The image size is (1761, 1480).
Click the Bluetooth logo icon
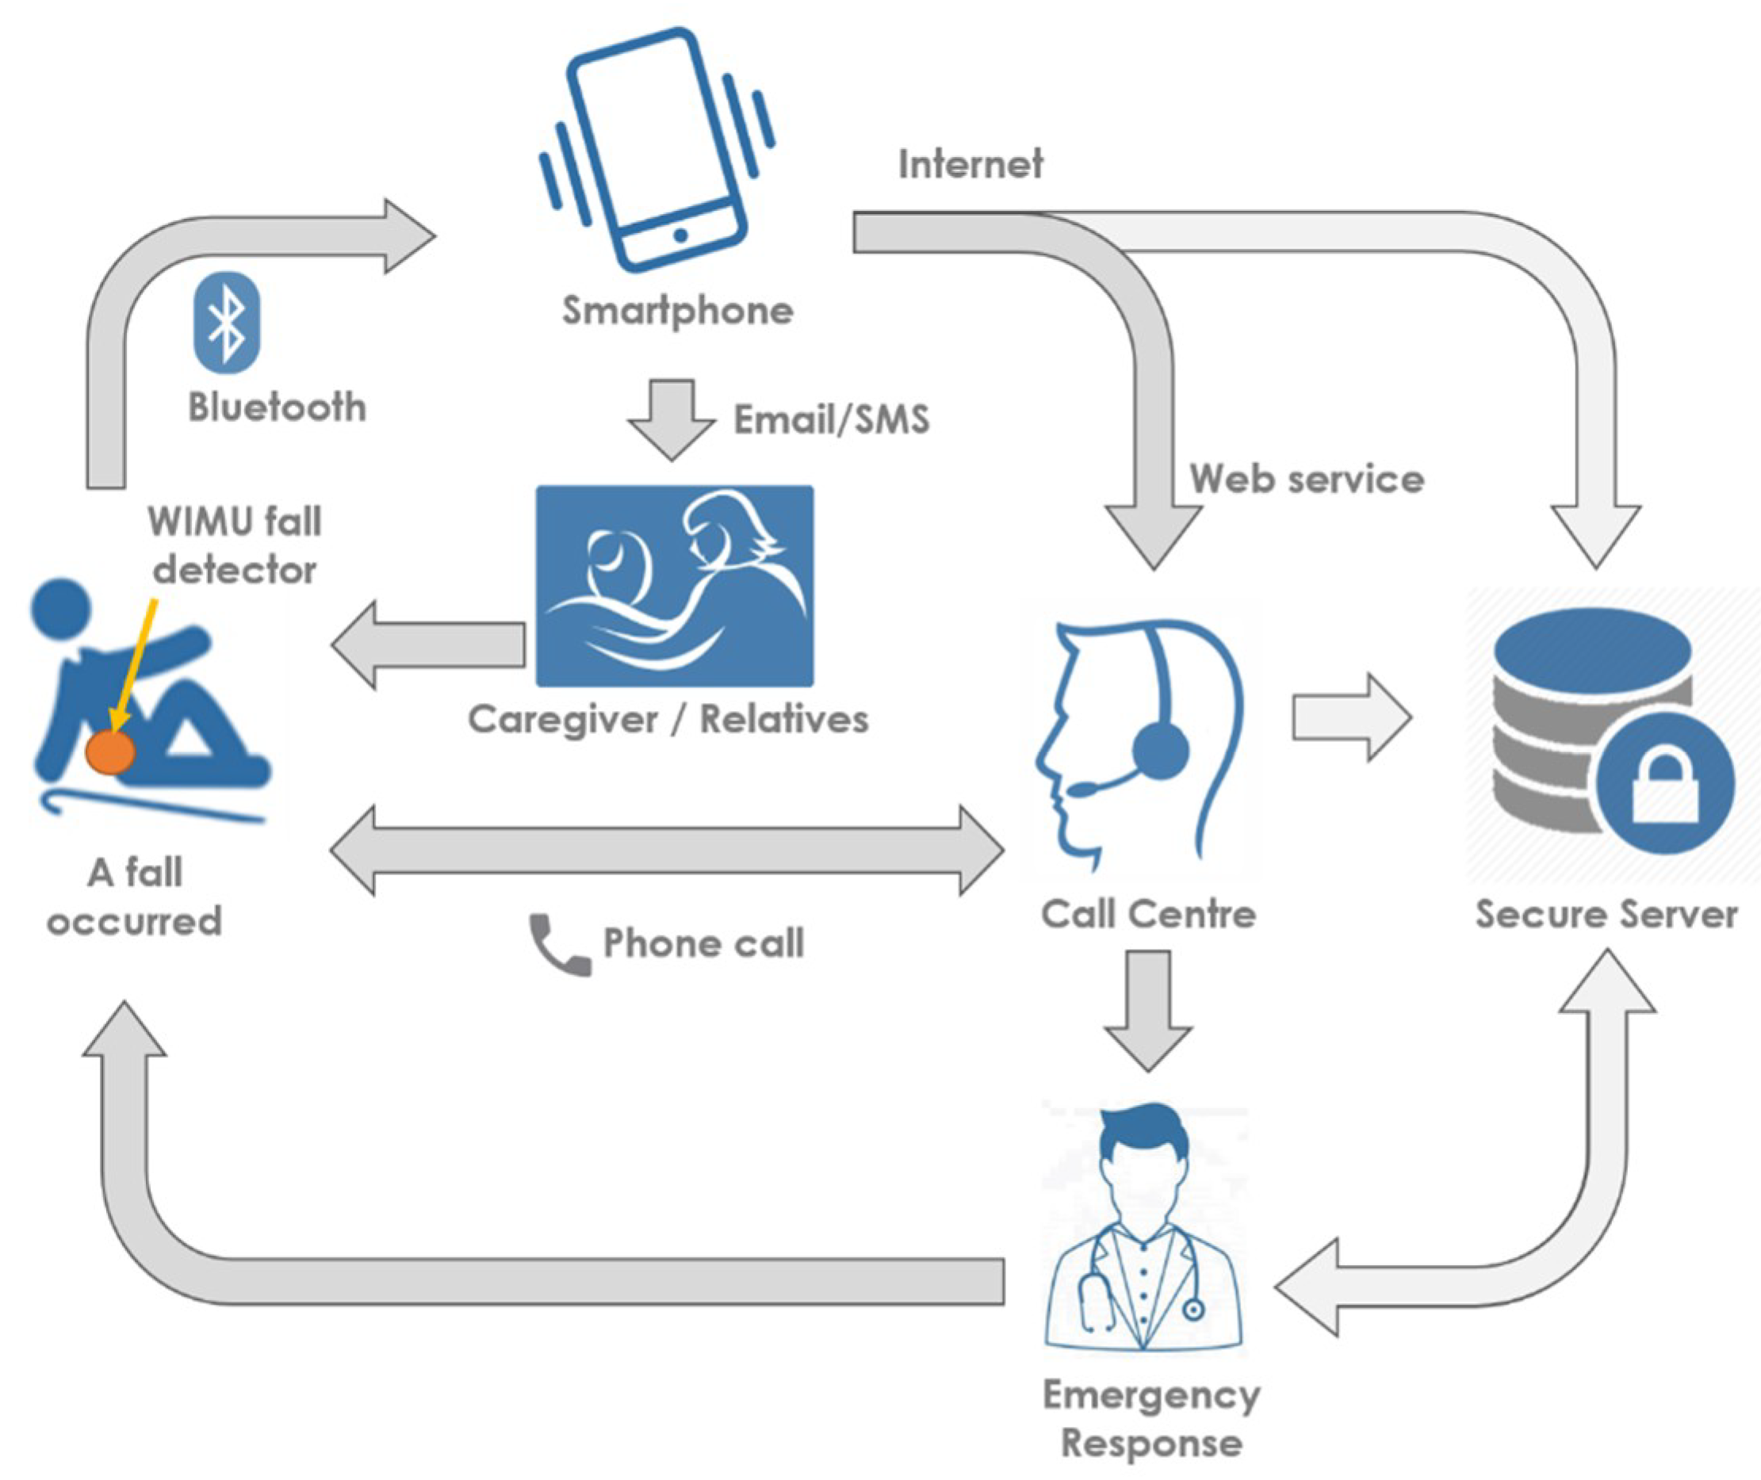coord(227,322)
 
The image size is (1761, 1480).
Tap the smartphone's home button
coord(680,235)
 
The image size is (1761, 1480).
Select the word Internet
coord(970,163)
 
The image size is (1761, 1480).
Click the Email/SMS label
coord(832,419)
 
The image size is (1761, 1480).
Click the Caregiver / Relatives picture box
coord(675,586)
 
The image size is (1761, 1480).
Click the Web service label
coord(1306,479)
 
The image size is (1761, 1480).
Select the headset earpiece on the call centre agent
coord(1159,750)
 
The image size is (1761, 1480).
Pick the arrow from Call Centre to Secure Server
coord(1352,717)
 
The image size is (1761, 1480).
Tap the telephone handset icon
coord(558,945)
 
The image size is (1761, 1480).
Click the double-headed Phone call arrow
coord(667,851)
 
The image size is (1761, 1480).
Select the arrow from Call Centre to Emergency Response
coord(1148,1009)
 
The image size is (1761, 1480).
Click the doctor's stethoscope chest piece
coord(1193,1309)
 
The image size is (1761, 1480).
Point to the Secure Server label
coord(1606,915)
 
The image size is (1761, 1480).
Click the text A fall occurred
coord(134,896)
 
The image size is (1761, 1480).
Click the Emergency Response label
coord(1151,1420)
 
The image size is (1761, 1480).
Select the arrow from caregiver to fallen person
coord(428,645)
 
